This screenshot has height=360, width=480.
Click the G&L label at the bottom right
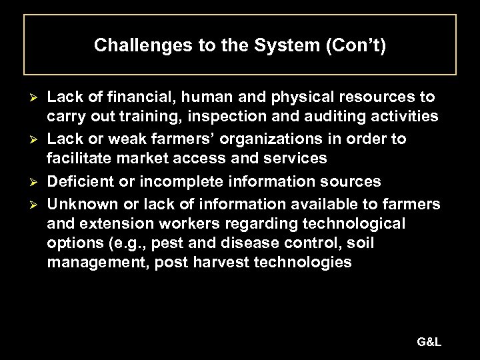(429, 342)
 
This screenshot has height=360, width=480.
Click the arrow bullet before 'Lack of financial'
(29, 98)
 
